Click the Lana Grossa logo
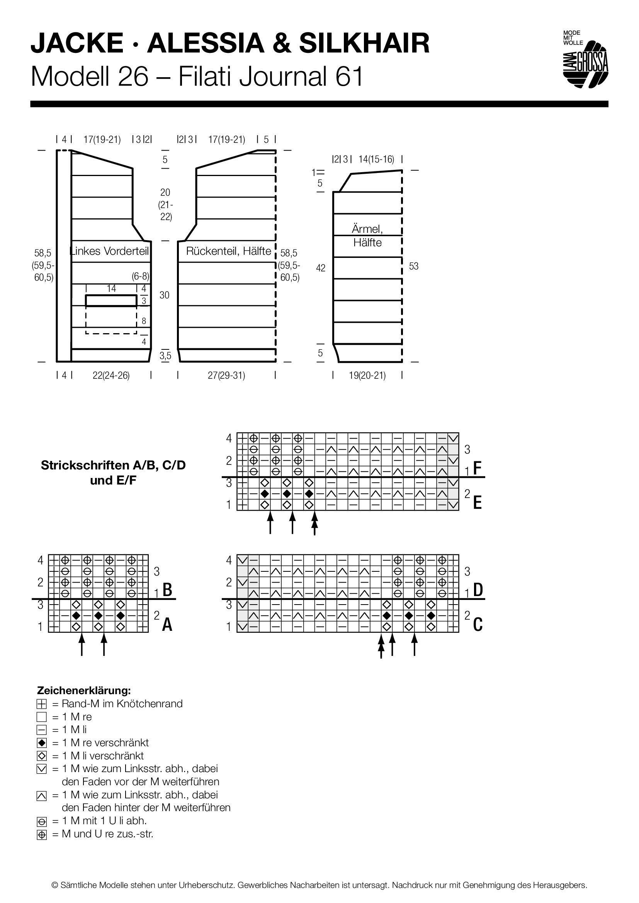pyautogui.click(x=585, y=59)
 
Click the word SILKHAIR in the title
pyautogui.click(x=364, y=43)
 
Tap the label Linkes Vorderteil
pyautogui.click(x=110, y=251)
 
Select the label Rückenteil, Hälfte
pyautogui.click(x=229, y=251)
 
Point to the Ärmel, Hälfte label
pyautogui.click(x=367, y=235)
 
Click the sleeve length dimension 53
pyautogui.click(x=413, y=266)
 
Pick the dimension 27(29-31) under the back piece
pyautogui.click(x=226, y=376)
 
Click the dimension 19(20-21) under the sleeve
pyautogui.click(x=367, y=376)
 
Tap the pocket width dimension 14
pyautogui.click(x=111, y=288)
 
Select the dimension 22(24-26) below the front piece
pyautogui.click(x=111, y=376)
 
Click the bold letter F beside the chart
pyautogui.click(x=477, y=468)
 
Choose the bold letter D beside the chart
pyautogui.click(x=478, y=590)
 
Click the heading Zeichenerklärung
pyautogui.click(x=84, y=690)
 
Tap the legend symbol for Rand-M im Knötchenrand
pyautogui.click(x=42, y=704)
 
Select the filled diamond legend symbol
pyautogui.click(x=42, y=743)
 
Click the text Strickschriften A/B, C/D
pyautogui.click(x=113, y=465)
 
